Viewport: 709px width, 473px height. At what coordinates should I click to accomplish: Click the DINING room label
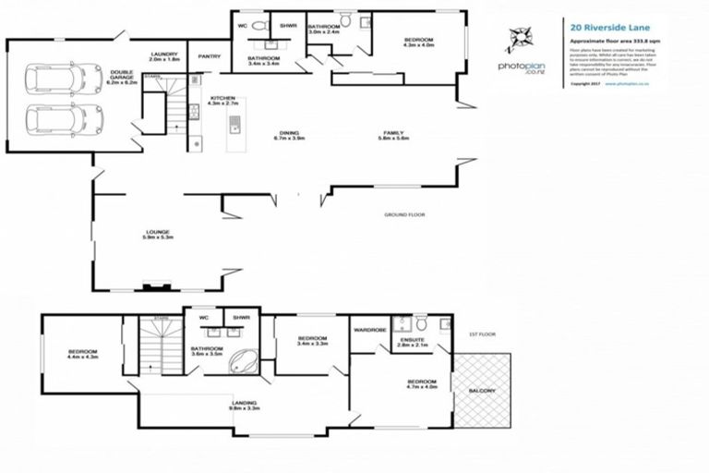(x=289, y=135)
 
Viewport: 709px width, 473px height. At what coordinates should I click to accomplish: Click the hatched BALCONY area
(x=482, y=389)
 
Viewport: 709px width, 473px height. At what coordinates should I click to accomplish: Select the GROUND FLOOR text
(x=403, y=215)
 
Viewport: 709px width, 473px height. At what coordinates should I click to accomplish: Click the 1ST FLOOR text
(x=483, y=334)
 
